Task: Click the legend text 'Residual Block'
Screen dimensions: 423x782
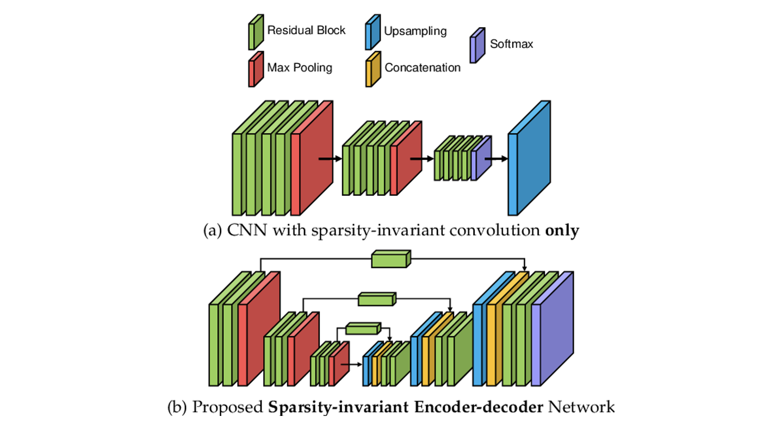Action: coord(306,30)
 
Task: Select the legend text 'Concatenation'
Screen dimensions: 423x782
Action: coord(423,68)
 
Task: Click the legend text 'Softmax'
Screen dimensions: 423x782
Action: coord(511,44)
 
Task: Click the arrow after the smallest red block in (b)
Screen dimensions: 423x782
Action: coord(356,365)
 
